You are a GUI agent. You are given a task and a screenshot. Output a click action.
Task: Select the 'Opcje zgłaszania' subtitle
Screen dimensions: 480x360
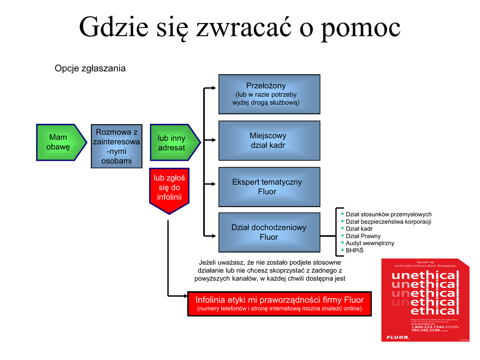[x=90, y=68]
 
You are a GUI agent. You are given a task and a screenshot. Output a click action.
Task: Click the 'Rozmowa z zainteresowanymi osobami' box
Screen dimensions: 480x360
[x=116, y=146]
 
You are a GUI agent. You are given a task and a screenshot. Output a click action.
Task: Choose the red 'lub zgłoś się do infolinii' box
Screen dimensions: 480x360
[x=169, y=187]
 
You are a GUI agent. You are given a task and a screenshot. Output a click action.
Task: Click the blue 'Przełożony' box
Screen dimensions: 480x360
[x=269, y=94]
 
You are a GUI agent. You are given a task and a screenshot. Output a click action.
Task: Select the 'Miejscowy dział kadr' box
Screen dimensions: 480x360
[x=269, y=141]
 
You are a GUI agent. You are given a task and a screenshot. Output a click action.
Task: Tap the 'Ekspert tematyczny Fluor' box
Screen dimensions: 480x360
[x=269, y=187]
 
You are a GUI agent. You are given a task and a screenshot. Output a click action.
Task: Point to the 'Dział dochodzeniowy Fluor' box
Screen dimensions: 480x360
[x=269, y=232]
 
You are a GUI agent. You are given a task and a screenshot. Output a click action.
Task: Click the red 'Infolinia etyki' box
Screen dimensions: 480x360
[x=279, y=303]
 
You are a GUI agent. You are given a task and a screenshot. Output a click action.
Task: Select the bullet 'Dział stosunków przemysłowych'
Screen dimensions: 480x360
[x=388, y=215]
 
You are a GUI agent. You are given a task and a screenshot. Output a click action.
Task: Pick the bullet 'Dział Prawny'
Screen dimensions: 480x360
[x=363, y=236]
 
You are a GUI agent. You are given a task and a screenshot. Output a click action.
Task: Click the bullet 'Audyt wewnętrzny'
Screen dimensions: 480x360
[x=370, y=243]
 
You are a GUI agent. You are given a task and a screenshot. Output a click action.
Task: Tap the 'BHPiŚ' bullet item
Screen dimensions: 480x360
[x=355, y=250]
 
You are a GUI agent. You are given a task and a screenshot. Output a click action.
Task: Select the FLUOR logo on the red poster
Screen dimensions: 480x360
[x=397, y=337]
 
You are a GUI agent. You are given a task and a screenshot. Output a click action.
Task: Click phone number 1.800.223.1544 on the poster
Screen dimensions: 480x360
[x=427, y=326]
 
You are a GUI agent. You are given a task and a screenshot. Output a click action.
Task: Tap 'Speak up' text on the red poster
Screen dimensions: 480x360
[x=425, y=262]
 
